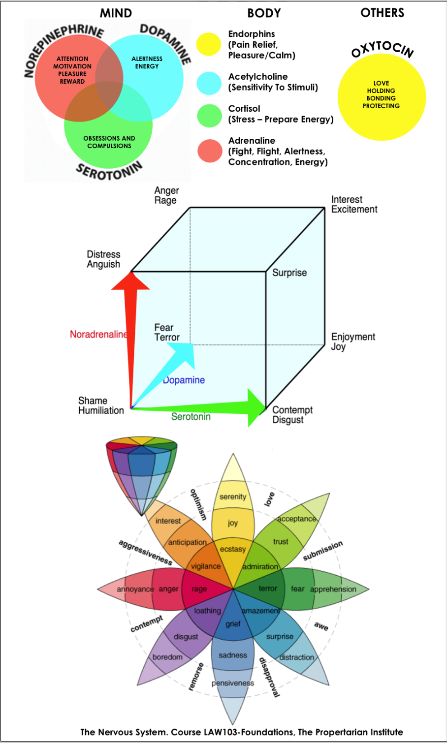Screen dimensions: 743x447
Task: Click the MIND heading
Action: click(x=116, y=13)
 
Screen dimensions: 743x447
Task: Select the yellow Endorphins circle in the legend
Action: click(x=209, y=44)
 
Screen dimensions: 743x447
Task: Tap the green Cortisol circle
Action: click(x=209, y=116)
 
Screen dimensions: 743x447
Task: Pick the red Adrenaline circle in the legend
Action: click(x=210, y=151)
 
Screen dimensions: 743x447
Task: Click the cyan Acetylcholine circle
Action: click(x=209, y=83)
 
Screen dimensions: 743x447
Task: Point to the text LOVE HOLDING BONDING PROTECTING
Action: click(x=381, y=94)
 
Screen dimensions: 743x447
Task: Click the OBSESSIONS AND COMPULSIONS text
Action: click(x=109, y=142)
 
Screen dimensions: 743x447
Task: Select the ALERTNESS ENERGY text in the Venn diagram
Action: click(x=147, y=62)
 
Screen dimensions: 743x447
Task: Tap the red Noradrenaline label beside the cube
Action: click(x=98, y=335)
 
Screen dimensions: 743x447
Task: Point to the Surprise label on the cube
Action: click(x=289, y=273)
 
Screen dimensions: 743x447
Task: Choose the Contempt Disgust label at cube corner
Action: click(x=292, y=415)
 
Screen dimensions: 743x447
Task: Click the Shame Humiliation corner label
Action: click(x=101, y=405)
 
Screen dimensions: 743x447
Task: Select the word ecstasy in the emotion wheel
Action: click(x=232, y=549)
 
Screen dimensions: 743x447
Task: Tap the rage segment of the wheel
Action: click(x=199, y=589)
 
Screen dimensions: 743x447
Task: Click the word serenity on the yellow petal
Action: click(x=232, y=496)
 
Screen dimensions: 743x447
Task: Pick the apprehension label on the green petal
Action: click(x=333, y=589)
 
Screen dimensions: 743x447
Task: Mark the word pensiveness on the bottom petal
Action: click(x=233, y=683)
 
